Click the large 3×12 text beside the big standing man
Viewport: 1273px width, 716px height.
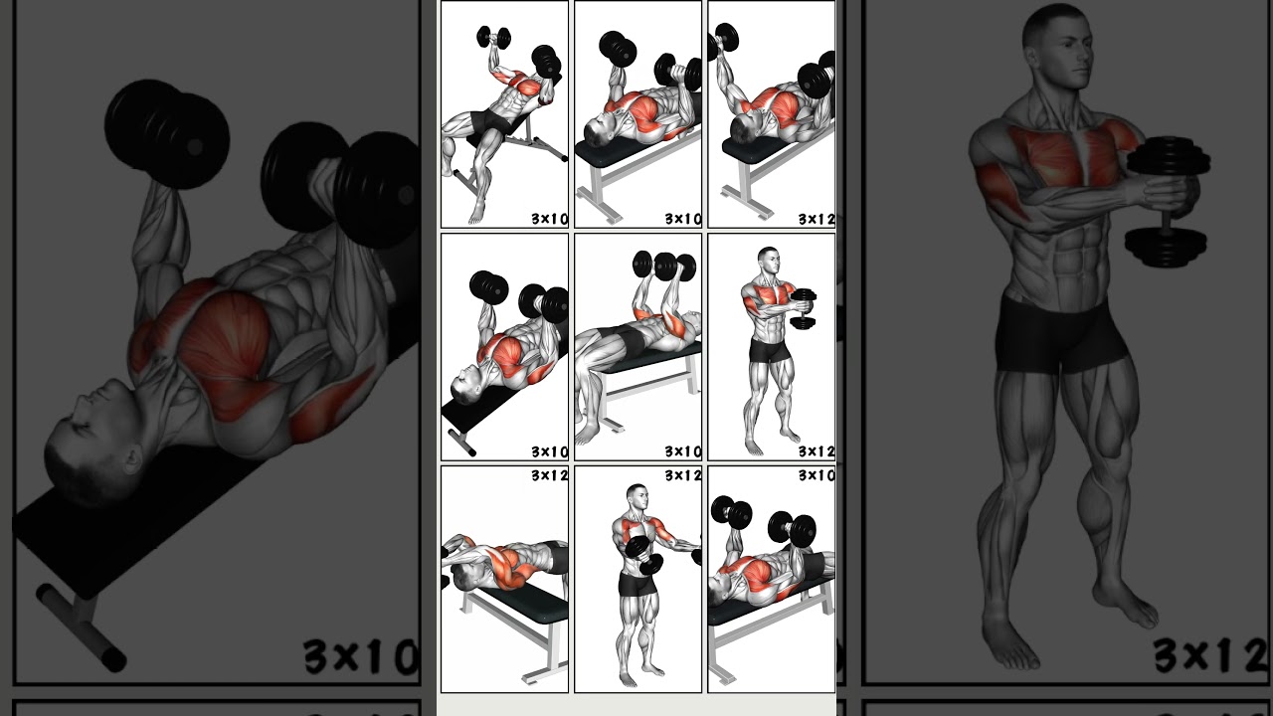[1209, 656]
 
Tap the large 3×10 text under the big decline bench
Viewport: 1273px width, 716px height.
[360, 656]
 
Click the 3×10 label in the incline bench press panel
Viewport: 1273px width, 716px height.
[549, 219]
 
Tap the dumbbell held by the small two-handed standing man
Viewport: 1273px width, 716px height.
[804, 309]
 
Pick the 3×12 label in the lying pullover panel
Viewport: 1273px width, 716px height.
[549, 475]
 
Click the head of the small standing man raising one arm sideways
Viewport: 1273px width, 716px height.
[636, 498]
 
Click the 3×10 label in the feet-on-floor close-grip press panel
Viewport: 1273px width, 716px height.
[682, 451]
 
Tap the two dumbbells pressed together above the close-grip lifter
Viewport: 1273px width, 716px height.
[666, 267]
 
